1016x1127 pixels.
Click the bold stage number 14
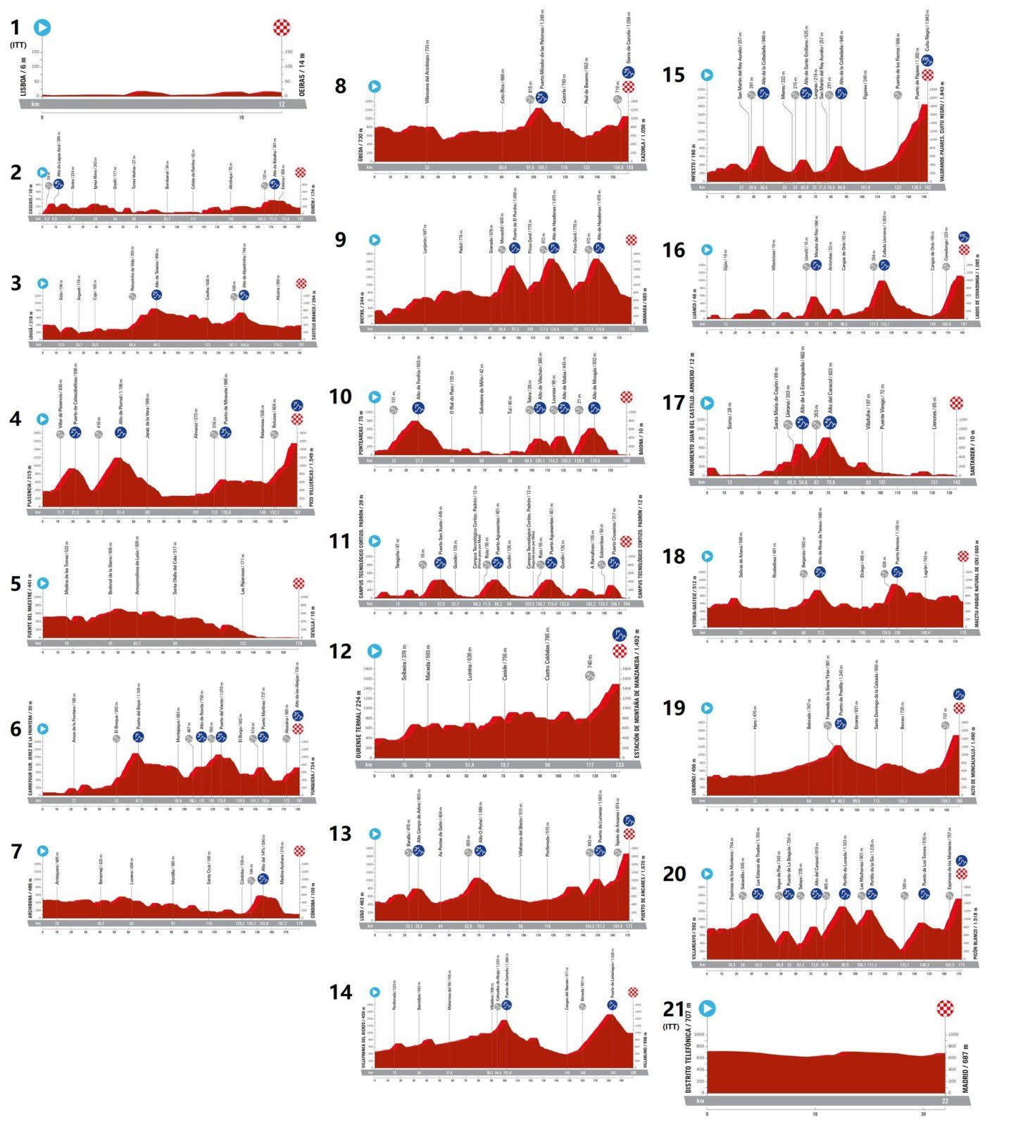[x=341, y=992]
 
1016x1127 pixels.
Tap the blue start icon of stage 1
[x=42, y=27]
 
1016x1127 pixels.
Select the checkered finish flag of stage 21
[x=946, y=1009]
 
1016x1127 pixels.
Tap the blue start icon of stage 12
[x=375, y=651]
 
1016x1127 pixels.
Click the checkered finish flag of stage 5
[x=299, y=583]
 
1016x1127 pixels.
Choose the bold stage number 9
[x=341, y=239]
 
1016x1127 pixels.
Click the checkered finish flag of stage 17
[x=956, y=403]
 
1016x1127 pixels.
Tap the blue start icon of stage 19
[x=707, y=708]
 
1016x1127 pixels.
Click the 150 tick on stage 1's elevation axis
[x=288, y=51]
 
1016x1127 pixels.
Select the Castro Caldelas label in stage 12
[x=547, y=660]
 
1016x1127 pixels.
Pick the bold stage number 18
[x=673, y=556]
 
